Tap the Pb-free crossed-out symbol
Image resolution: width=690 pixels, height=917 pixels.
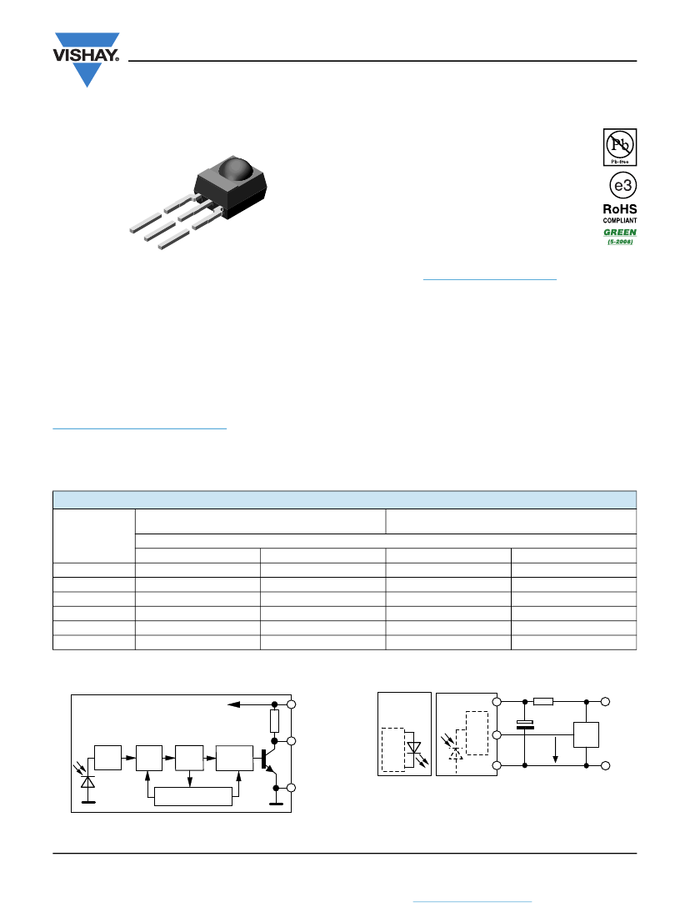[620, 147]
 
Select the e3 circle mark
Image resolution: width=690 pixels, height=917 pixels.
[622, 185]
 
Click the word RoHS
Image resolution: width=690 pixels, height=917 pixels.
[620, 208]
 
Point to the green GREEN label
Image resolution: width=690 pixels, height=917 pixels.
[620, 233]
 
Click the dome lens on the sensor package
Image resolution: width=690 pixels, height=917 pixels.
[236, 168]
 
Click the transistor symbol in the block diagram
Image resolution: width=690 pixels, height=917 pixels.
[268, 759]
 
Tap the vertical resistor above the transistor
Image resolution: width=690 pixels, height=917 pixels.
[274, 721]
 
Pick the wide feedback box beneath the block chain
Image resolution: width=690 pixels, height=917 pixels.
[193, 796]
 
